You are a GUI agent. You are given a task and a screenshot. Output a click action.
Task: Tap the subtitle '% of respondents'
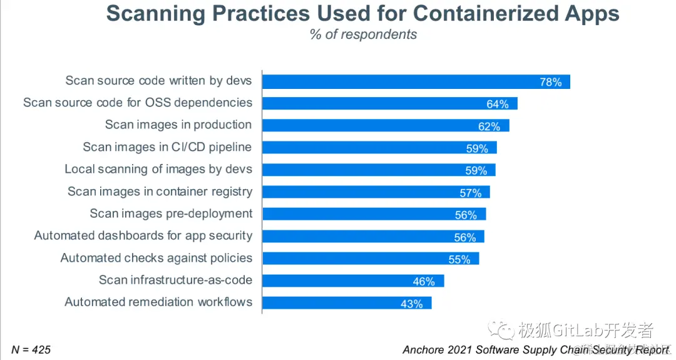pos(363,34)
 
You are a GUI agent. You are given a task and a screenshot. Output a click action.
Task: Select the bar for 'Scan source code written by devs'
pos(401,81)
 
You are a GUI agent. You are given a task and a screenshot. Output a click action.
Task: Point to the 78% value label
pos(551,82)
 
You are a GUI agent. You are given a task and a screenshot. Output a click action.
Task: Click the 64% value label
pos(498,104)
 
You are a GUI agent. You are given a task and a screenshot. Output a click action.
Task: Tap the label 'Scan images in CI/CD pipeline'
pos(167,147)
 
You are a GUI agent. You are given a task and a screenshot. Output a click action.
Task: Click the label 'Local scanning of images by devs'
pos(158,169)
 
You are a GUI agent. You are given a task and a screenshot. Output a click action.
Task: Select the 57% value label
pos(470,193)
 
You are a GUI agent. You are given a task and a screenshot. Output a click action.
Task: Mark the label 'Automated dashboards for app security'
pos(143,236)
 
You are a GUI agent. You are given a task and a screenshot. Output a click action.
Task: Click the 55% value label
pos(459,259)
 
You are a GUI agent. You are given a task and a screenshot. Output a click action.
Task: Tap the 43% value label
pos(412,304)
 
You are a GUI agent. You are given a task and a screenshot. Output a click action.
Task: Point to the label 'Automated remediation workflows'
pos(158,302)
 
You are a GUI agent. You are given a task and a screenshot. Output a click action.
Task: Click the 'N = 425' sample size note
pos(31,349)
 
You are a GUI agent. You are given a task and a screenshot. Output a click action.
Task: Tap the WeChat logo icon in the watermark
pos(502,329)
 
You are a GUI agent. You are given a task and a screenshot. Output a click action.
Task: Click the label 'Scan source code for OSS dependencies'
pos(138,103)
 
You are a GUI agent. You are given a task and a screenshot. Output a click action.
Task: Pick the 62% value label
pos(489,126)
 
